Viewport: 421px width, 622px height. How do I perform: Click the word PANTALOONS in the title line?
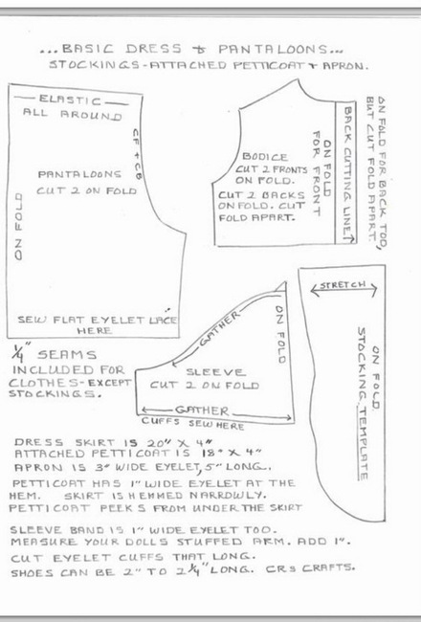coord(273,50)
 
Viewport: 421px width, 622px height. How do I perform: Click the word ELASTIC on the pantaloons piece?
coord(70,100)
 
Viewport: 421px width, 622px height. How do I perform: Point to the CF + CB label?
coord(136,154)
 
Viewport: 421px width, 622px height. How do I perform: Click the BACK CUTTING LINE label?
coord(346,173)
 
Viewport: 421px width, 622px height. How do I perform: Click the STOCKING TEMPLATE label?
coord(363,404)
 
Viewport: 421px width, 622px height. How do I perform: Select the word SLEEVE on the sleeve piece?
coord(216,372)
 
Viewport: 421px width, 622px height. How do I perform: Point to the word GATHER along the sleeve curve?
coord(219,329)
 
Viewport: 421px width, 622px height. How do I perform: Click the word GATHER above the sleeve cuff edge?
coord(202,411)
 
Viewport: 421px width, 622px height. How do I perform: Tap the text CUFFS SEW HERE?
coord(193,423)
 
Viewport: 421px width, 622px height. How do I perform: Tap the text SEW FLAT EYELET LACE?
coord(97,320)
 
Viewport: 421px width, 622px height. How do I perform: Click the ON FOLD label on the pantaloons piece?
coord(18,227)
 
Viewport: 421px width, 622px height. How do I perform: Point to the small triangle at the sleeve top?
coord(281,287)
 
